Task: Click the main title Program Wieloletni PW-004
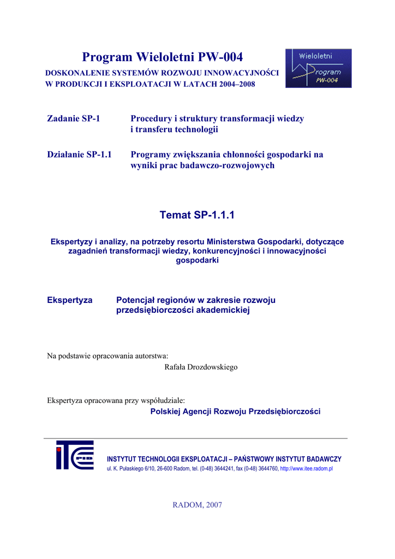point(162,57)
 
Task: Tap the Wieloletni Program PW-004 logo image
point(318,68)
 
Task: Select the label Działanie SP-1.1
point(80,155)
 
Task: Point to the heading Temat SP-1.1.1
point(197,216)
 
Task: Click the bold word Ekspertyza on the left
point(70,300)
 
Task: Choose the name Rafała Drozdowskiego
point(201,367)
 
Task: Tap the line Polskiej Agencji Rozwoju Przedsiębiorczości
point(235,412)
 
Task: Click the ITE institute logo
point(75,455)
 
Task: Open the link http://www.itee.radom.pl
point(306,469)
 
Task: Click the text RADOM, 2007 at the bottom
point(197,505)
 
